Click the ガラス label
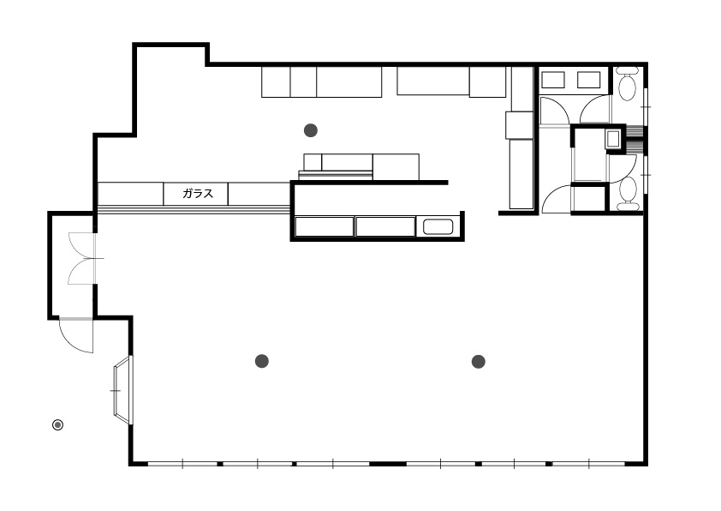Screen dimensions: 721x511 (x=198, y=194)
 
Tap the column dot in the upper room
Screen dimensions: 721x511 (x=311, y=130)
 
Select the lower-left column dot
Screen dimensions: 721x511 (x=262, y=361)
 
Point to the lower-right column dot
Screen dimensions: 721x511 (x=478, y=361)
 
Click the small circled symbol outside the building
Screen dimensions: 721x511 (x=57, y=424)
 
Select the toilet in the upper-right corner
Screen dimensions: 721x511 (x=627, y=84)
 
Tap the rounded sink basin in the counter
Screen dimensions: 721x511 (x=438, y=226)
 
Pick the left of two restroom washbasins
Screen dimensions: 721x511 (x=552, y=80)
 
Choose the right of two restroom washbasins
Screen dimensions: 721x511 (x=588, y=80)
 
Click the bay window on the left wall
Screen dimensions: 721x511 (x=123, y=390)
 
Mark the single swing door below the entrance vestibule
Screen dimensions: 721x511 (x=76, y=335)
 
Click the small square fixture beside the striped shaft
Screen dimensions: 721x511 (x=613, y=139)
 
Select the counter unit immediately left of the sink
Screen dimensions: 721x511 (x=385, y=227)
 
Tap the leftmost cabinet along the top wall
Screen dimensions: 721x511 (x=276, y=82)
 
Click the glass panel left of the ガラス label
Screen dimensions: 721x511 (x=131, y=194)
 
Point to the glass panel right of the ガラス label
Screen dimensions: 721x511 (x=259, y=194)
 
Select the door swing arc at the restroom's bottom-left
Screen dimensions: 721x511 (x=556, y=199)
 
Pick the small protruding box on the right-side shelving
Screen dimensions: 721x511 (x=520, y=125)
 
